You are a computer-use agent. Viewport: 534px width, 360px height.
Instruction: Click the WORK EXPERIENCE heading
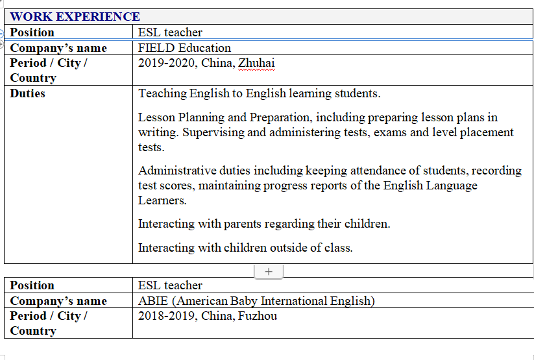pyautogui.click(x=75, y=17)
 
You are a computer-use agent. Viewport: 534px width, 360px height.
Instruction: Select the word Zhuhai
pyautogui.click(x=256, y=63)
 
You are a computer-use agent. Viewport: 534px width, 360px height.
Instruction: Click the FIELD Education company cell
pyautogui.click(x=184, y=47)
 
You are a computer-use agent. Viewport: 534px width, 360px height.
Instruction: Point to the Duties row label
pyautogui.click(x=28, y=93)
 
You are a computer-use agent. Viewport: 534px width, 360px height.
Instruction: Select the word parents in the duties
pyautogui.click(x=243, y=224)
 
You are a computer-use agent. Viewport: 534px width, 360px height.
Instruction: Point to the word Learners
pyautogui.click(x=162, y=200)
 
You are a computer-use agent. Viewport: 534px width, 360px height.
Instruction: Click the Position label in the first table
pyautogui.click(x=32, y=32)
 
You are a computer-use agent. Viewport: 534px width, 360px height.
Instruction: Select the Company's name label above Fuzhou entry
pyautogui.click(x=58, y=301)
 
